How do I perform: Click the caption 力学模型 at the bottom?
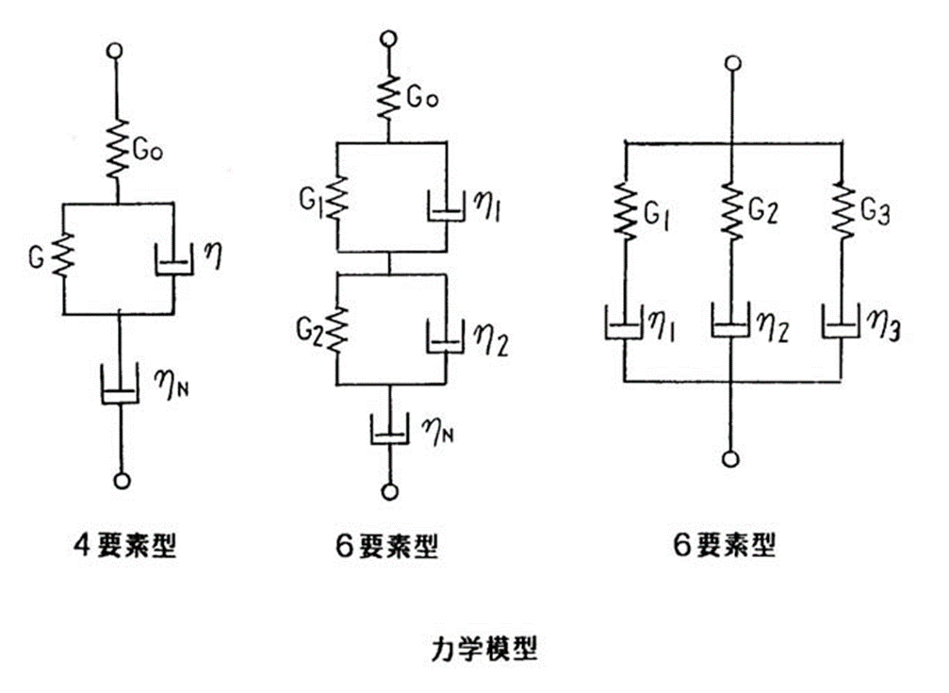[x=484, y=649]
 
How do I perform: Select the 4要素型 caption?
[x=125, y=545]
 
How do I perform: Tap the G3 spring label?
[x=875, y=213]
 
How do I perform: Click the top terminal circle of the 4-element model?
[x=114, y=51]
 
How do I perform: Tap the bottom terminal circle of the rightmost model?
[x=731, y=459]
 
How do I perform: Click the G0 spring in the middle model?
[x=389, y=97]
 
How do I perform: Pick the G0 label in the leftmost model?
[x=148, y=150]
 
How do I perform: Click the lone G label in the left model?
[x=37, y=258]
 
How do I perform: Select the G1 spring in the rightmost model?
[x=625, y=211]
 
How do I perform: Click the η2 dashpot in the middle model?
[x=446, y=337]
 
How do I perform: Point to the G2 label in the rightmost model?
[x=763, y=210]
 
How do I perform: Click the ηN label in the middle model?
[x=440, y=431]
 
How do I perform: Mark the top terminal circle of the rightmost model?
[x=732, y=63]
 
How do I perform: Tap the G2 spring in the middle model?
[x=337, y=330]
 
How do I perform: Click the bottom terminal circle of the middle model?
[x=390, y=490]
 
